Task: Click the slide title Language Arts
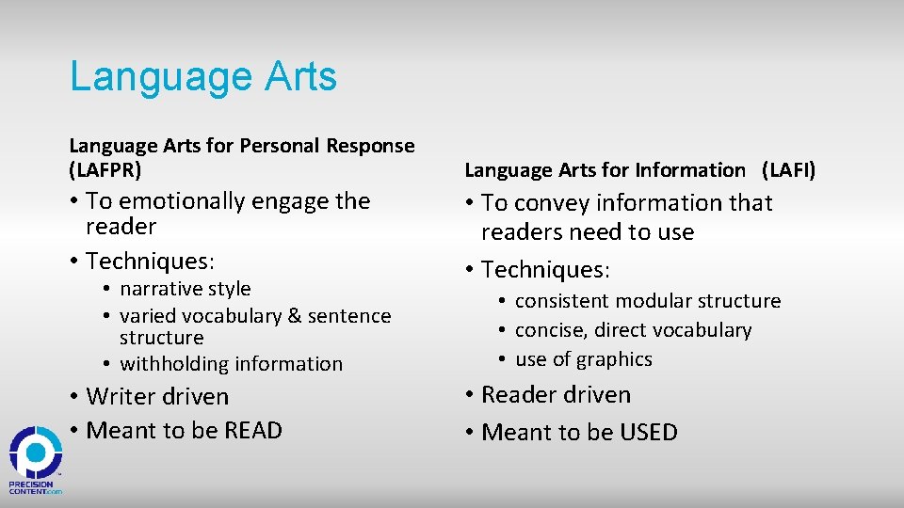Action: pos(202,76)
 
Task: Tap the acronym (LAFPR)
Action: pos(105,170)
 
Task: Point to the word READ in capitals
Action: pos(253,431)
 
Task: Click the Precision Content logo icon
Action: pos(36,454)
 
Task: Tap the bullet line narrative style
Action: pos(185,289)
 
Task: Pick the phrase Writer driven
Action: pos(157,397)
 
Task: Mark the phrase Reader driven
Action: pos(556,395)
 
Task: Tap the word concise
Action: pos(549,330)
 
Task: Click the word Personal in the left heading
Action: pos(281,146)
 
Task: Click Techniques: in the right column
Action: pos(546,270)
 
